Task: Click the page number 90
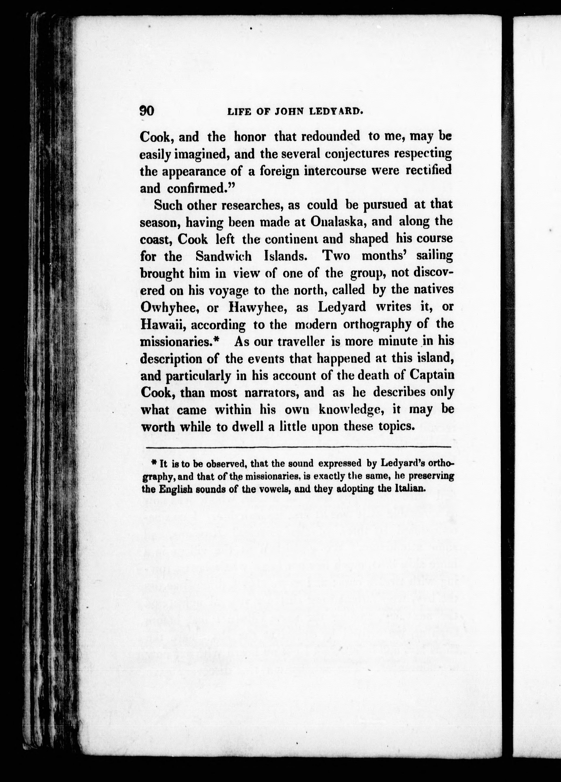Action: [x=146, y=111]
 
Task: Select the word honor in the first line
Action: [x=250, y=137]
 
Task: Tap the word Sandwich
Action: [x=223, y=256]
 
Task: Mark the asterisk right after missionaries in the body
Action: [x=216, y=340]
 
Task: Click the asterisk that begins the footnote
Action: [x=155, y=463]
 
